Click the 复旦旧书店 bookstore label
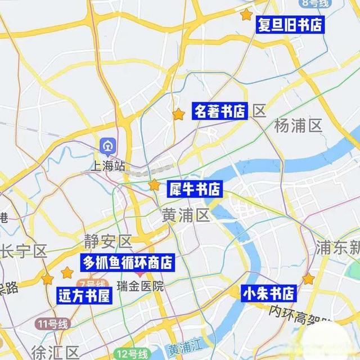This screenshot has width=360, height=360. (x=290, y=25)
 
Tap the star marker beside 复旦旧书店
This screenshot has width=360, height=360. (x=246, y=15)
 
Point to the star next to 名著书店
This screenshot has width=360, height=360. (x=178, y=114)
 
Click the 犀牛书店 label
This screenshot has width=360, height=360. (x=195, y=189)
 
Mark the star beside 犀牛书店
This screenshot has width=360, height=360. (x=154, y=184)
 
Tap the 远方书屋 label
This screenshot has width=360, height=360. (x=84, y=296)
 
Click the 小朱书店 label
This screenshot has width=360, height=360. (x=268, y=293)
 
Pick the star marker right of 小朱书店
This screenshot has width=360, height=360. (x=308, y=278)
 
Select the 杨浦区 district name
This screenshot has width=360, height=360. (x=298, y=126)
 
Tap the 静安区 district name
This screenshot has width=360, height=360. (x=107, y=242)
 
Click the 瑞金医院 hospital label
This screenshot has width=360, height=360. (x=140, y=286)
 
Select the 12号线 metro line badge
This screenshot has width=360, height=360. (x=132, y=354)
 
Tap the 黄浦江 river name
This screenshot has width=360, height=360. (x=181, y=349)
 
